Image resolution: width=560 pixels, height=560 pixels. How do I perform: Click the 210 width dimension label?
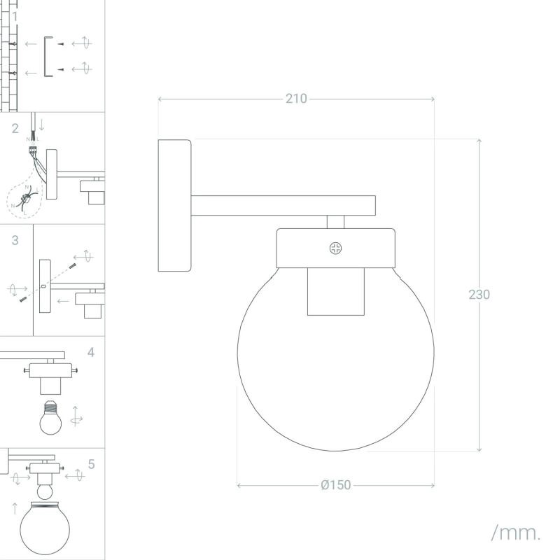296,99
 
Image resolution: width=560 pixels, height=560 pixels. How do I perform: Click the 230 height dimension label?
479,295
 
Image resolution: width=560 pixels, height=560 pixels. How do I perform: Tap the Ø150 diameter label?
336,485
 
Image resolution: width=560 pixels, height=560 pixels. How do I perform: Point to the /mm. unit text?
516,533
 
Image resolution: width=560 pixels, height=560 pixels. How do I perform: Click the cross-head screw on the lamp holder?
335,248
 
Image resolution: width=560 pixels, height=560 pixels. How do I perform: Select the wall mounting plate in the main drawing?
174,205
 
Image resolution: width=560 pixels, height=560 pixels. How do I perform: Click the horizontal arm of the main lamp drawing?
283,205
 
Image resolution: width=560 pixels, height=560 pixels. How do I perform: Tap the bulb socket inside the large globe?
336,292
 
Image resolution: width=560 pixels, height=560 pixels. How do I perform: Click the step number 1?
15,16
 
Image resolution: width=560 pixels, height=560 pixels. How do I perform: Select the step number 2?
15,129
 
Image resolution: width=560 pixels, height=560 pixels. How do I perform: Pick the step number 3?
15,240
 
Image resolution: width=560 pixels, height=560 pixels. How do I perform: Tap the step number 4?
91,353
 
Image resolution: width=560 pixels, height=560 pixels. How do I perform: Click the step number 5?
91,464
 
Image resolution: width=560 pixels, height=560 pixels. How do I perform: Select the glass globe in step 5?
45,528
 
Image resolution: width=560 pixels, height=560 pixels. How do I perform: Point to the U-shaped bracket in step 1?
45,57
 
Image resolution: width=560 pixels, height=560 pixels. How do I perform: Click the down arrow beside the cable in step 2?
42,125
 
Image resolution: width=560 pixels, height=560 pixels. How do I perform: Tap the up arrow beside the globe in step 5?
15,508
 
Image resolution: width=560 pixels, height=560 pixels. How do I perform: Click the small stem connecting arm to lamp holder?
336,222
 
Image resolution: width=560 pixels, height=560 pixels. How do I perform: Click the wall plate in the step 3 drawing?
45,286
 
